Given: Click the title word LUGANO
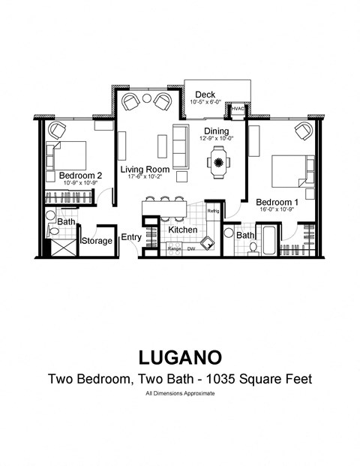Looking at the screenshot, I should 179,354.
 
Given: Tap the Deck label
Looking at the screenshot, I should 205,95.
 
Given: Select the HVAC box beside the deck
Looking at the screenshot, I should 238,110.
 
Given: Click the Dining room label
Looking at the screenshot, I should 217,130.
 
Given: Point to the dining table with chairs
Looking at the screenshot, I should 218,161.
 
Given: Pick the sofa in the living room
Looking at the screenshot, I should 180,146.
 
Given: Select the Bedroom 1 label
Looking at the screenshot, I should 277,202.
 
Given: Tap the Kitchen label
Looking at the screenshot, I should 183,229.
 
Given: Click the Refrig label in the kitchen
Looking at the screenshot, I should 213,212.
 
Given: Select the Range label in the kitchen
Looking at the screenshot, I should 174,248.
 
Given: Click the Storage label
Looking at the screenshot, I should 97,241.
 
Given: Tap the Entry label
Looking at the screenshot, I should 131,237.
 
